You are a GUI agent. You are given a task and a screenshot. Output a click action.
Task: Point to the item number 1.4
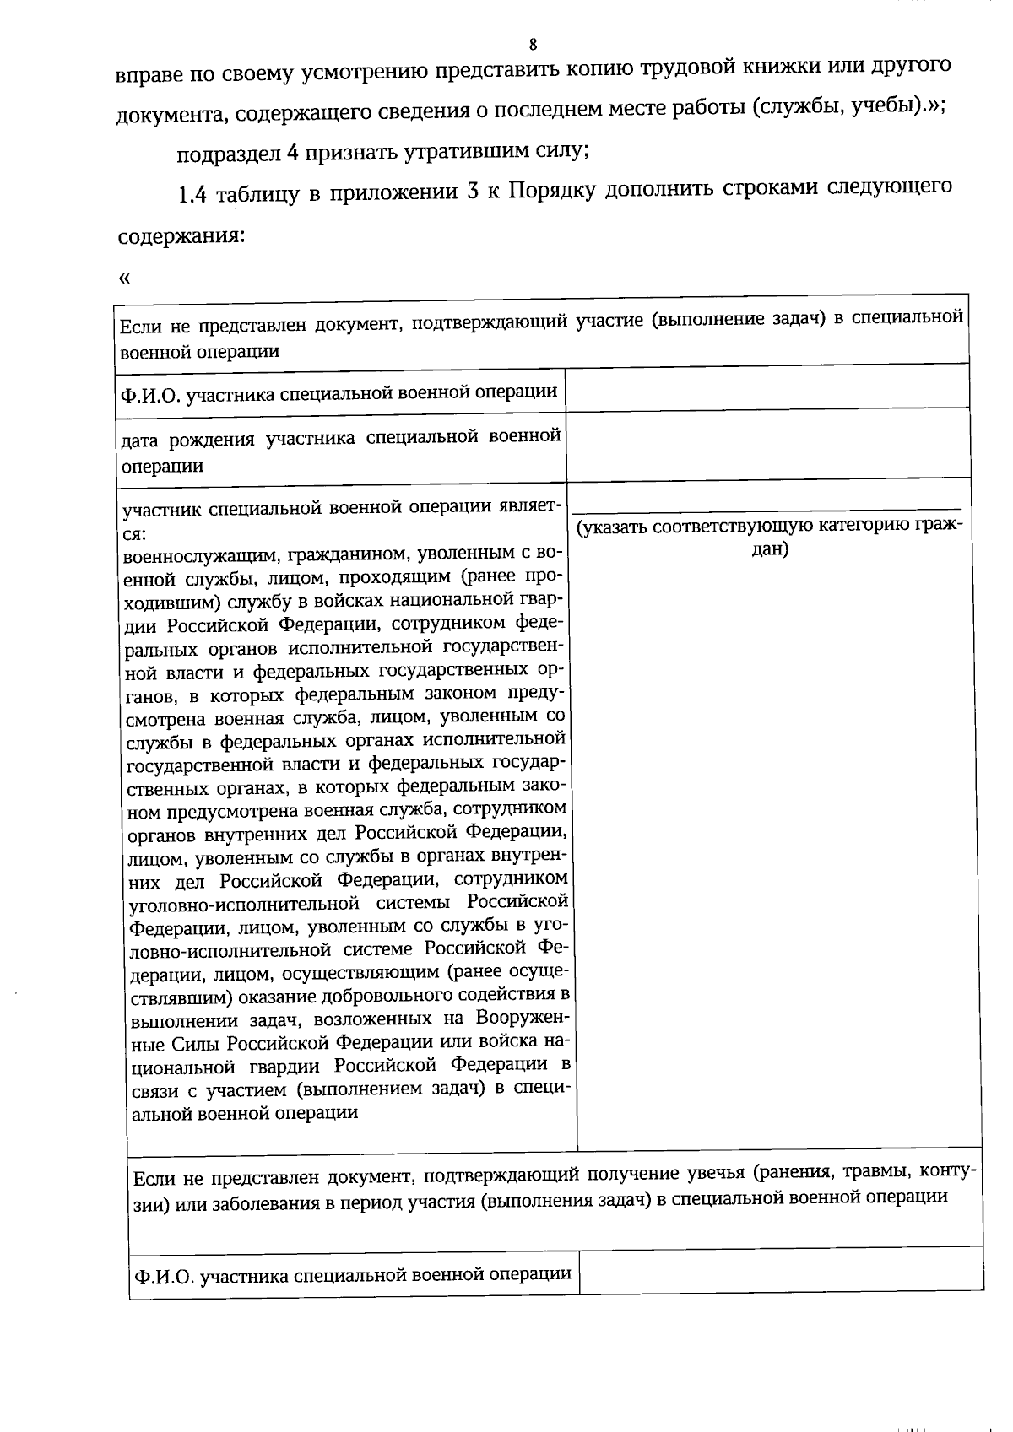[192, 195]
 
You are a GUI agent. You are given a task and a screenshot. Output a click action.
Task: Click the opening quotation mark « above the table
[125, 278]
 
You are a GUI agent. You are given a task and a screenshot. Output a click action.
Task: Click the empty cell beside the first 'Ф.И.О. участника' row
[767, 389]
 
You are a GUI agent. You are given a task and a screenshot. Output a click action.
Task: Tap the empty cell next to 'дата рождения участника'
[767, 445]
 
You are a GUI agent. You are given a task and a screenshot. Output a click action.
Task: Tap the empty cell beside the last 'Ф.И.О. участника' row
[780, 1271]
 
